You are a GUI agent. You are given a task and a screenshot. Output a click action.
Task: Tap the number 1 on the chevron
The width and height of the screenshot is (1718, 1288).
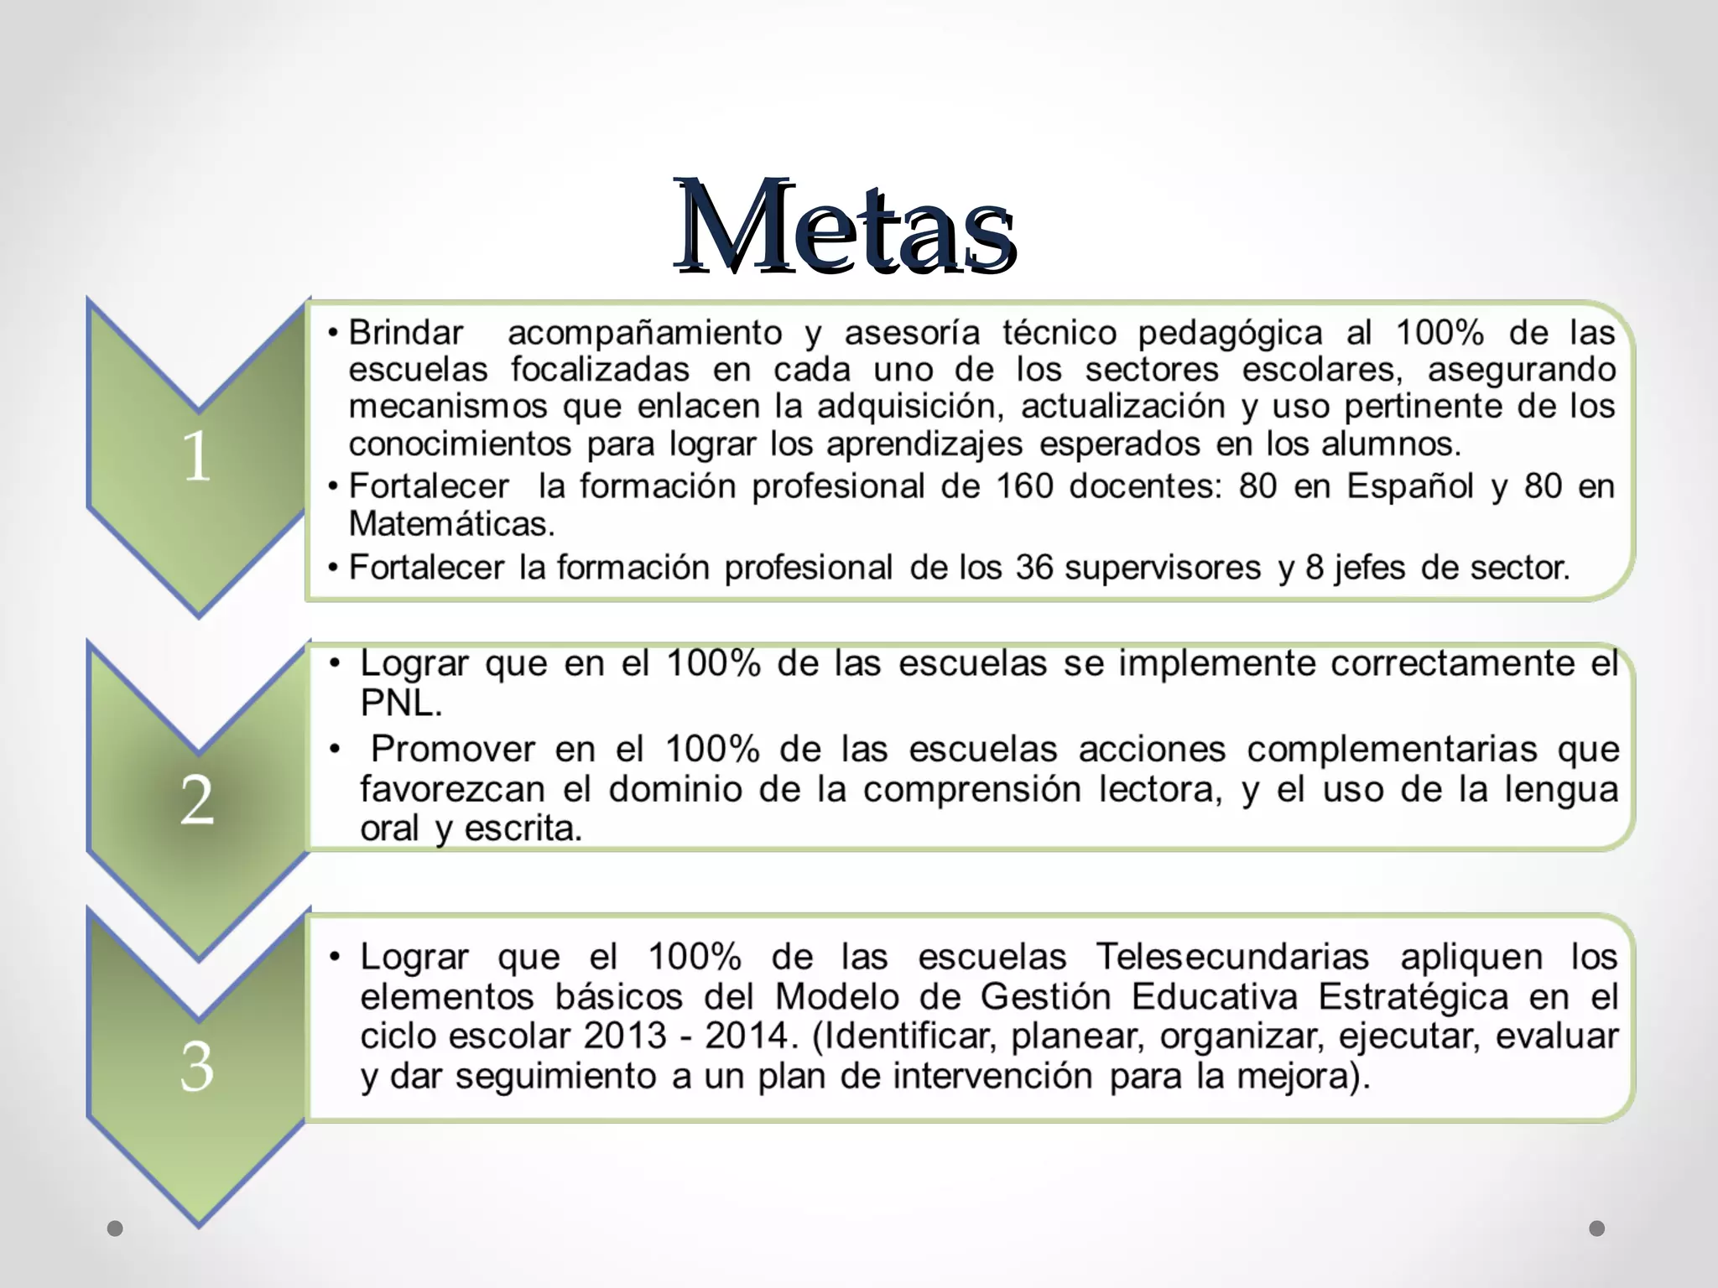pyautogui.click(x=197, y=457)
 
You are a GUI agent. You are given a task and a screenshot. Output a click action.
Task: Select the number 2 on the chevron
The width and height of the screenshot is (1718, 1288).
pyautogui.click(x=197, y=800)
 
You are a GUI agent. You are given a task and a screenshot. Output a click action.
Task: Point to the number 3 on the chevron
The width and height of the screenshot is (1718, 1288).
pyautogui.click(x=197, y=1067)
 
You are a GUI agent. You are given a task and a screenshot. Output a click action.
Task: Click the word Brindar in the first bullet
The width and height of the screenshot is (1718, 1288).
pyautogui.click(x=406, y=333)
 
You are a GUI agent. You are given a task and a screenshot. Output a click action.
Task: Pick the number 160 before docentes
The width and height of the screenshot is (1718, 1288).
pyautogui.click(x=1023, y=486)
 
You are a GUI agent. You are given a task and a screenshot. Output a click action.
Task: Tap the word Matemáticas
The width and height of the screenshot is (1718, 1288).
pyautogui.click(x=451, y=524)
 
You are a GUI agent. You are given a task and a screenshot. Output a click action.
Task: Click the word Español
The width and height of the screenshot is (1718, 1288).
pyautogui.click(x=1409, y=486)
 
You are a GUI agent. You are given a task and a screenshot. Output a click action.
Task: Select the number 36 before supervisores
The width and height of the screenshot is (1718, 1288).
pyautogui.click(x=1034, y=568)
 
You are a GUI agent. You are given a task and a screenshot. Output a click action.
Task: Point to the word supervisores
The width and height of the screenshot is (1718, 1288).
pyautogui.click(x=1163, y=568)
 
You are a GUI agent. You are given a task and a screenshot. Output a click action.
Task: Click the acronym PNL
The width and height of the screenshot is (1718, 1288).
pyautogui.click(x=400, y=704)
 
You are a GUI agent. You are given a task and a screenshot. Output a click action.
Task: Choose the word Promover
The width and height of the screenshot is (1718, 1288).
pyautogui.click(x=453, y=749)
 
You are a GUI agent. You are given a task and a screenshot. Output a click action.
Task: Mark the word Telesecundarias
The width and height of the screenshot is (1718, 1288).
pyautogui.click(x=1232, y=957)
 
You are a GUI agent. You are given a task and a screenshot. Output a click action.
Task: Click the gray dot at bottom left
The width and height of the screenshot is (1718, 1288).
pyautogui.click(x=116, y=1228)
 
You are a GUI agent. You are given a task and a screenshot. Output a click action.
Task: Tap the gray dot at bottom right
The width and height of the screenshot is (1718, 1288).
pyautogui.click(x=1597, y=1228)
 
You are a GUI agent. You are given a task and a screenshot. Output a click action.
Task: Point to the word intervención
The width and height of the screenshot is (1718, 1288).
pyautogui.click(x=992, y=1077)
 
